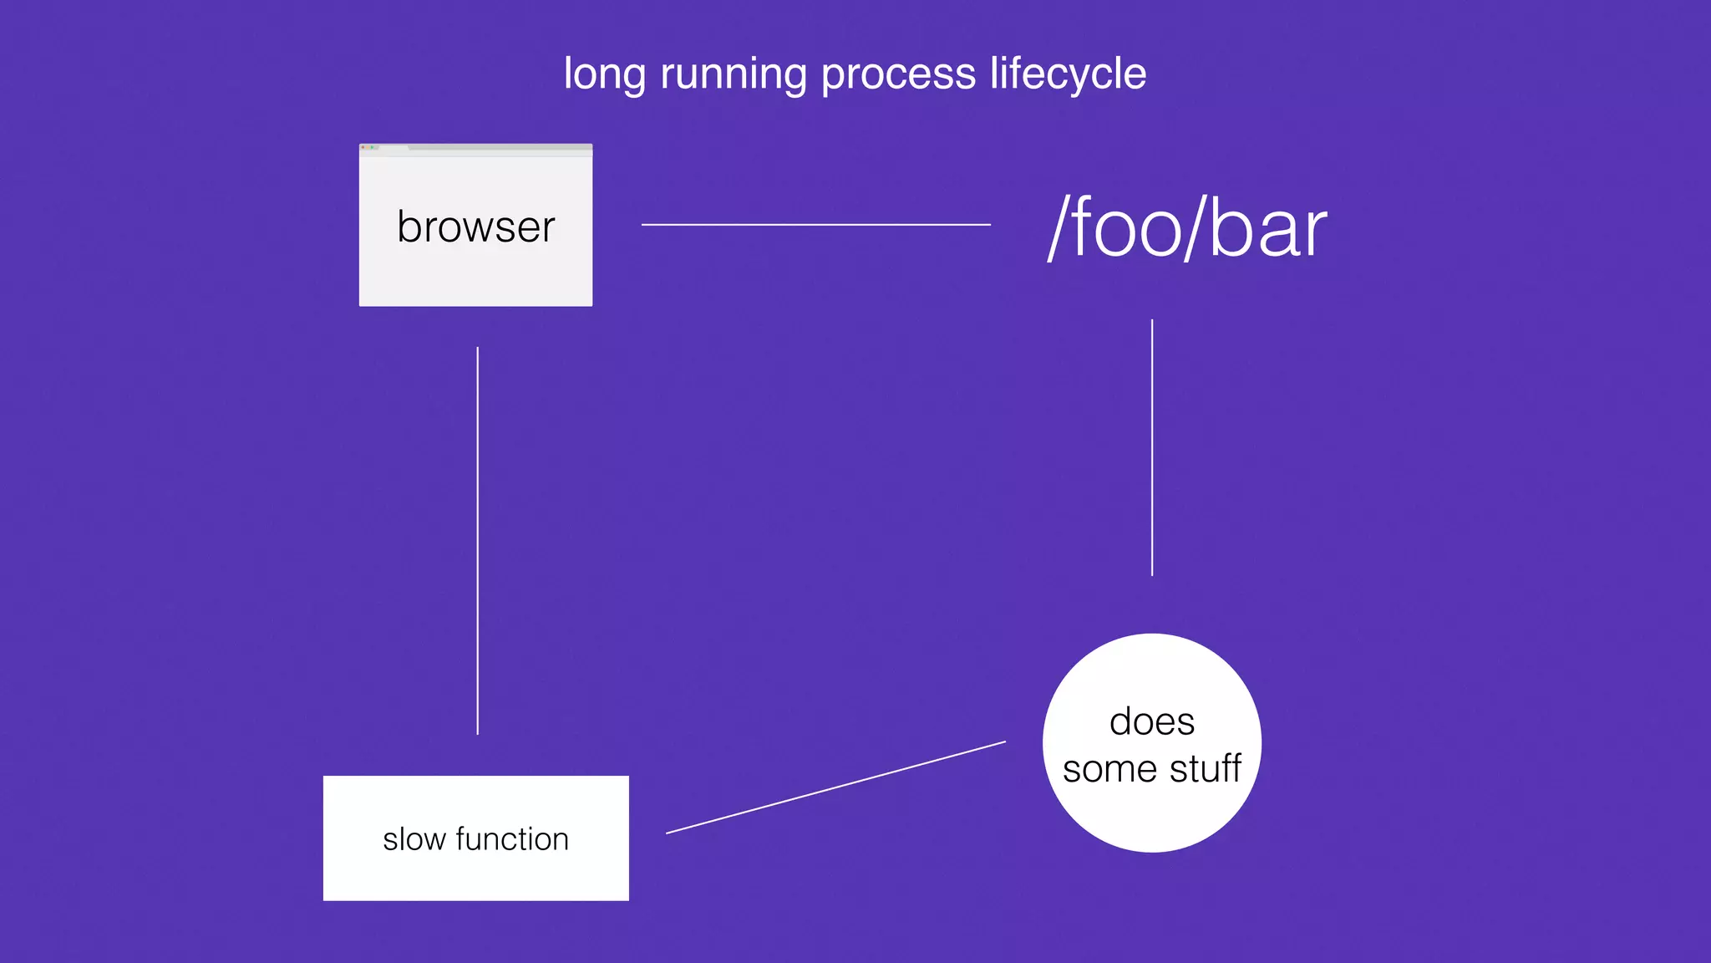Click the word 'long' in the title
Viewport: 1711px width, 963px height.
click(604, 75)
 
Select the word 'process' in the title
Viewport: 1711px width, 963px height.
click(898, 75)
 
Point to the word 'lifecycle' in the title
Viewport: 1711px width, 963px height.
click(1068, 75)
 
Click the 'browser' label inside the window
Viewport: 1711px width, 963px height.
click(475, 227)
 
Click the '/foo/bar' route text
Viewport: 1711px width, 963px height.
click(1187, 228)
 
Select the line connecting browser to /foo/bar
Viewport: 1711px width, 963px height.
click(815, 224)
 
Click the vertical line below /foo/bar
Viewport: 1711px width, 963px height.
click(1152, 447)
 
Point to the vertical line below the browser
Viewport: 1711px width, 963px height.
click(478, 540)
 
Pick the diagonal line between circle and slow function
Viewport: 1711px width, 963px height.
click(835, 787)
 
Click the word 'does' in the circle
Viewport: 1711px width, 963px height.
click(1152, 721)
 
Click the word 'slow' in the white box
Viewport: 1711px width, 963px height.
click(414, 839)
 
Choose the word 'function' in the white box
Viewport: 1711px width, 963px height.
click(512, 839)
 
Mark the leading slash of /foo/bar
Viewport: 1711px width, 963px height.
click(1059, 228)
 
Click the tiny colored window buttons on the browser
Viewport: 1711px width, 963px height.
click(368, 147)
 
